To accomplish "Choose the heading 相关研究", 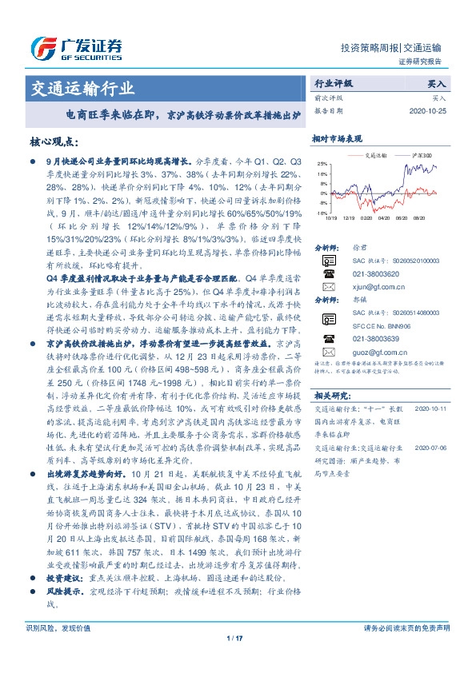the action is (333, 395).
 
